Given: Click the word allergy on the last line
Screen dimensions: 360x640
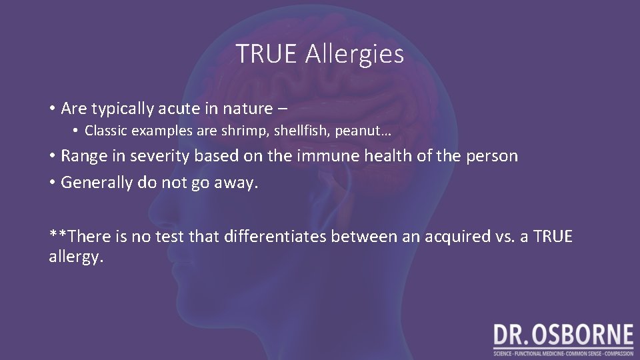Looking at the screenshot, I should click(x=76, y=257).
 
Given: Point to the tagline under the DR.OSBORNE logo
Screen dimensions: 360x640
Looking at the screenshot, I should click(x=563, y=353).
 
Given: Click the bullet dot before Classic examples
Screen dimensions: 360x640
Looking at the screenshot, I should click(x=77, y=131).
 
